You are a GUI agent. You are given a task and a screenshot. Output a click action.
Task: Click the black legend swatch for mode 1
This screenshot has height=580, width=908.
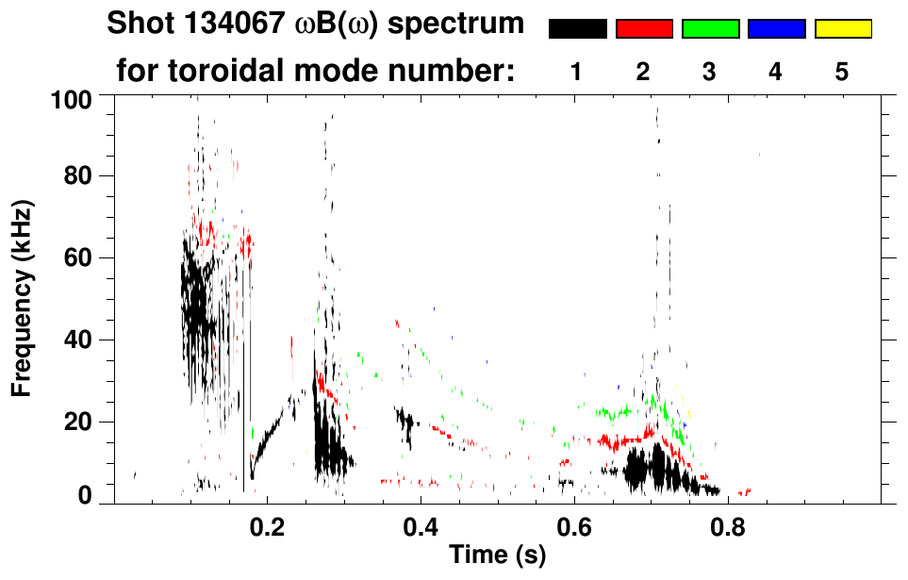(x=578, y=29)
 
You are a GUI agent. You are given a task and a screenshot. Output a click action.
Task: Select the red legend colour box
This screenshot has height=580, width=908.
(x=644, y=29)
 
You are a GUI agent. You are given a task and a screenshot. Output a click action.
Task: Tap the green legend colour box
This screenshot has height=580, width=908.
(x=710, y=29)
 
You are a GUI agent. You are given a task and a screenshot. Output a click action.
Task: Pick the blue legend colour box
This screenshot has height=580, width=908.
(x=776, y=29)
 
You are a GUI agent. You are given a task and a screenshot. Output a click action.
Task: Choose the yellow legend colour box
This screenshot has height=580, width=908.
(x=842, y=29)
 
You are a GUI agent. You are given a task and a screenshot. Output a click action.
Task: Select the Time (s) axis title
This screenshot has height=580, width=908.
(x=497, y=555)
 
